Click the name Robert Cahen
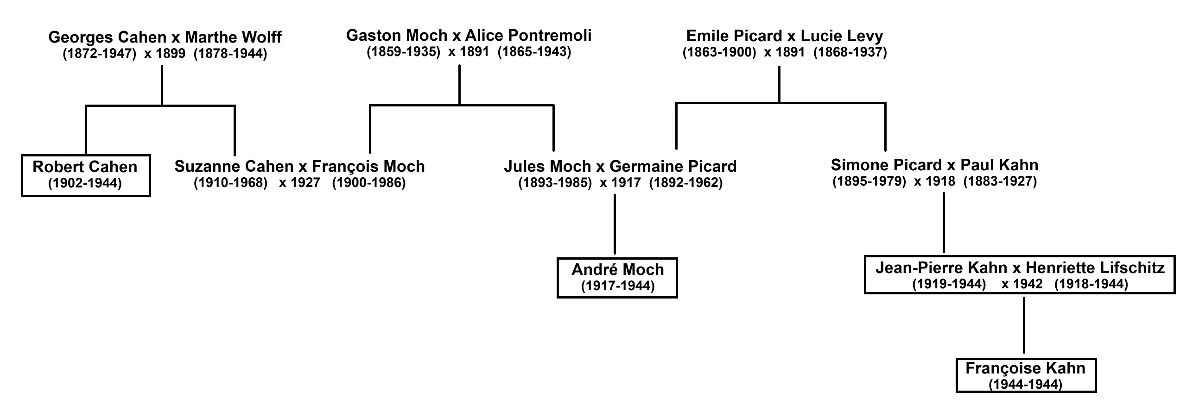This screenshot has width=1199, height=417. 85,167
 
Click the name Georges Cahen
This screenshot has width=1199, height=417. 108,37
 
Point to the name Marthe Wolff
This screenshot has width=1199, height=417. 233,37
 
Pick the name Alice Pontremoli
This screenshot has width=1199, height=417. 528,35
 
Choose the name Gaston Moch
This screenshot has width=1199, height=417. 397,35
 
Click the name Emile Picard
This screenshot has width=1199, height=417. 734,36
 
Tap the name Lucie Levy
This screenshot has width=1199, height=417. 842,36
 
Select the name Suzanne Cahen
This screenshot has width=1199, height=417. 234,167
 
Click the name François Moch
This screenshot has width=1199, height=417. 368,167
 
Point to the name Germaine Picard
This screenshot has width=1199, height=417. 673,167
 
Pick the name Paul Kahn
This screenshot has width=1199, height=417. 999,165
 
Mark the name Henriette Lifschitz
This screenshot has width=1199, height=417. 1095,268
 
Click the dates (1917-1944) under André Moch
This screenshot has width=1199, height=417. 618,286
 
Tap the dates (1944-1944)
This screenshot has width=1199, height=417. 1026,385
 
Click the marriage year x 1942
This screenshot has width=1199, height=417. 1022,284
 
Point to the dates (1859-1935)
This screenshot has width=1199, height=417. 404,51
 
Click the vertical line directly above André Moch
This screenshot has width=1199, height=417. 615,224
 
